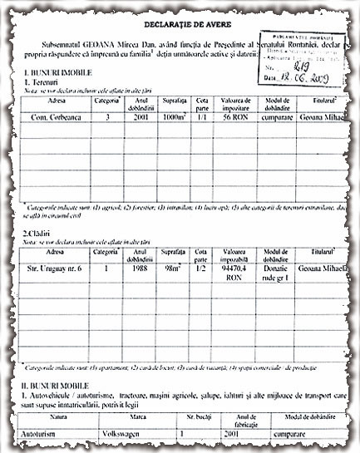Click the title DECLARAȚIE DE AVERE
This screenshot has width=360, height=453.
tap(171, 25)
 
